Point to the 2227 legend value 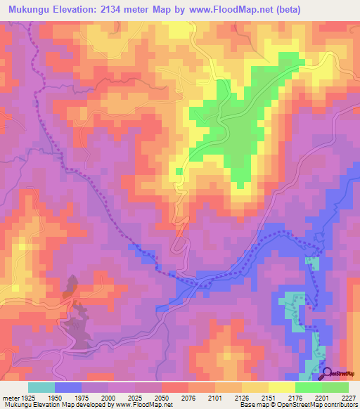[x=349, y=397]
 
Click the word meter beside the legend [x=11, y=397]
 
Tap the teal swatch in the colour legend [x=41, y=387]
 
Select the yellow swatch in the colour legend [x=282, y=387]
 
